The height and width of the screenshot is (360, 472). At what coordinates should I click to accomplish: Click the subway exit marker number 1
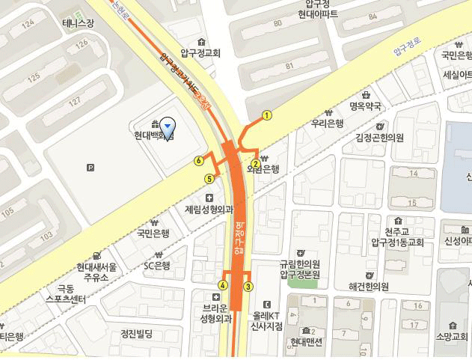pyautogui.click(x=266, y=115)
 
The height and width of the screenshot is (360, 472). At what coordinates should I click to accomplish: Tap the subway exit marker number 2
pyautogui.click(x=255, y=164)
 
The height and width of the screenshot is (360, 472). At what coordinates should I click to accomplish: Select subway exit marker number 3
pyautogui.click(x=248, y=286)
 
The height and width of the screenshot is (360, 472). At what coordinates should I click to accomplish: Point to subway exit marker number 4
pyautogui.click(x=223, y=285)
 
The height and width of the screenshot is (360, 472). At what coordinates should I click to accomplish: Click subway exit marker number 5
pyautogui.click(x=209, y=178)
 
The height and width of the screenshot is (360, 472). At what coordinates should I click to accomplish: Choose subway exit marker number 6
pyautogui.click(x=199, y=160)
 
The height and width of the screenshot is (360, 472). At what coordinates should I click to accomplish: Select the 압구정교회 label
pyautogui.click(x=200, y=53)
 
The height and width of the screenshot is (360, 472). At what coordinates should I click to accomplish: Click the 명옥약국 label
pyautogui.click(x=366, y=106)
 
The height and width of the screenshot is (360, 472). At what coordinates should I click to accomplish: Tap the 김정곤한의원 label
pyautogui.click(x=379, y=138)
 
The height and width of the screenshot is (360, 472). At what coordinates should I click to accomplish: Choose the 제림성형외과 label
pyautogui.click(x=209, y=210)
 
